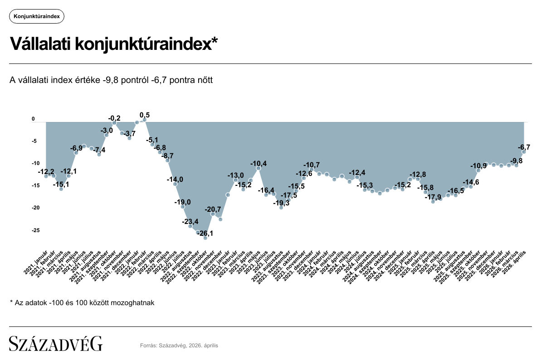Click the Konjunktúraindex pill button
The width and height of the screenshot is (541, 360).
pyautogui.click(x=37, y=16)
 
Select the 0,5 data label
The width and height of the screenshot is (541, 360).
pyautogui.click(x=145, y=115)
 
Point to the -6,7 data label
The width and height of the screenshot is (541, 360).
pyautogui.click(x=524, y=147)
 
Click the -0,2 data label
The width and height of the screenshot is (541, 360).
pyautogui.click(x=114, y=118)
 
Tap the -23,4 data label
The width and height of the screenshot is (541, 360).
pyautogui.click(x=190, y=222)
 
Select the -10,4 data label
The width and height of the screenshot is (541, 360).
pyautogui.click(x=258, y=163)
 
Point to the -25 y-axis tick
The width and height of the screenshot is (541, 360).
pyautogui.click(x=34, y=230)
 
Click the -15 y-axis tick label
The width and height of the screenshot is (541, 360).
pyautogui.click(x=34, y=185)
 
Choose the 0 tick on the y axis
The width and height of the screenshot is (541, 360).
pyautogui.click(x=33, y=119)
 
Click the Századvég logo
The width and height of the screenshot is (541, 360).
pyautogui.click(x=56, y=344)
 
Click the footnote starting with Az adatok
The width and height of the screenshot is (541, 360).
pyautogui.click(x=82, y=302)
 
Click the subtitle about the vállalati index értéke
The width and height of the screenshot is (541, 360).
pyautogui.click(x=111, y=80)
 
